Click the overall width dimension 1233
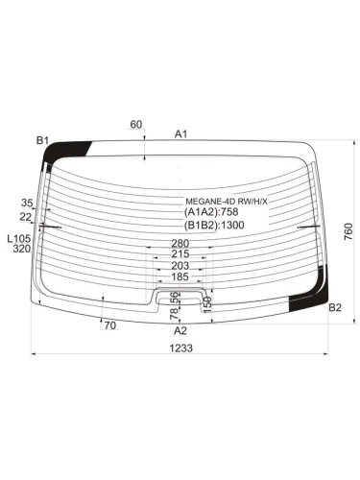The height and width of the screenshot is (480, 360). point(180,348)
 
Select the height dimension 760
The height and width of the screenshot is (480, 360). point(348,231)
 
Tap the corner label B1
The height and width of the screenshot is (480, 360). point(42,140)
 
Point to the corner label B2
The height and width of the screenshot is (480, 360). point(335,307)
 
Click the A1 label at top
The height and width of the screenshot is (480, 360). point(180,134)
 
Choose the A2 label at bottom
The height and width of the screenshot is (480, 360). point(180,330)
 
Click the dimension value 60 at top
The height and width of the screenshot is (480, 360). point(136,125)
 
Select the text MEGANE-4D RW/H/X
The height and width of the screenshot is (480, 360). point(227,202)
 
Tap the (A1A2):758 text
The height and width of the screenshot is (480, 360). point(211,212)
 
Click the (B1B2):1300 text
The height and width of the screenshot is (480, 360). point(214,225)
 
